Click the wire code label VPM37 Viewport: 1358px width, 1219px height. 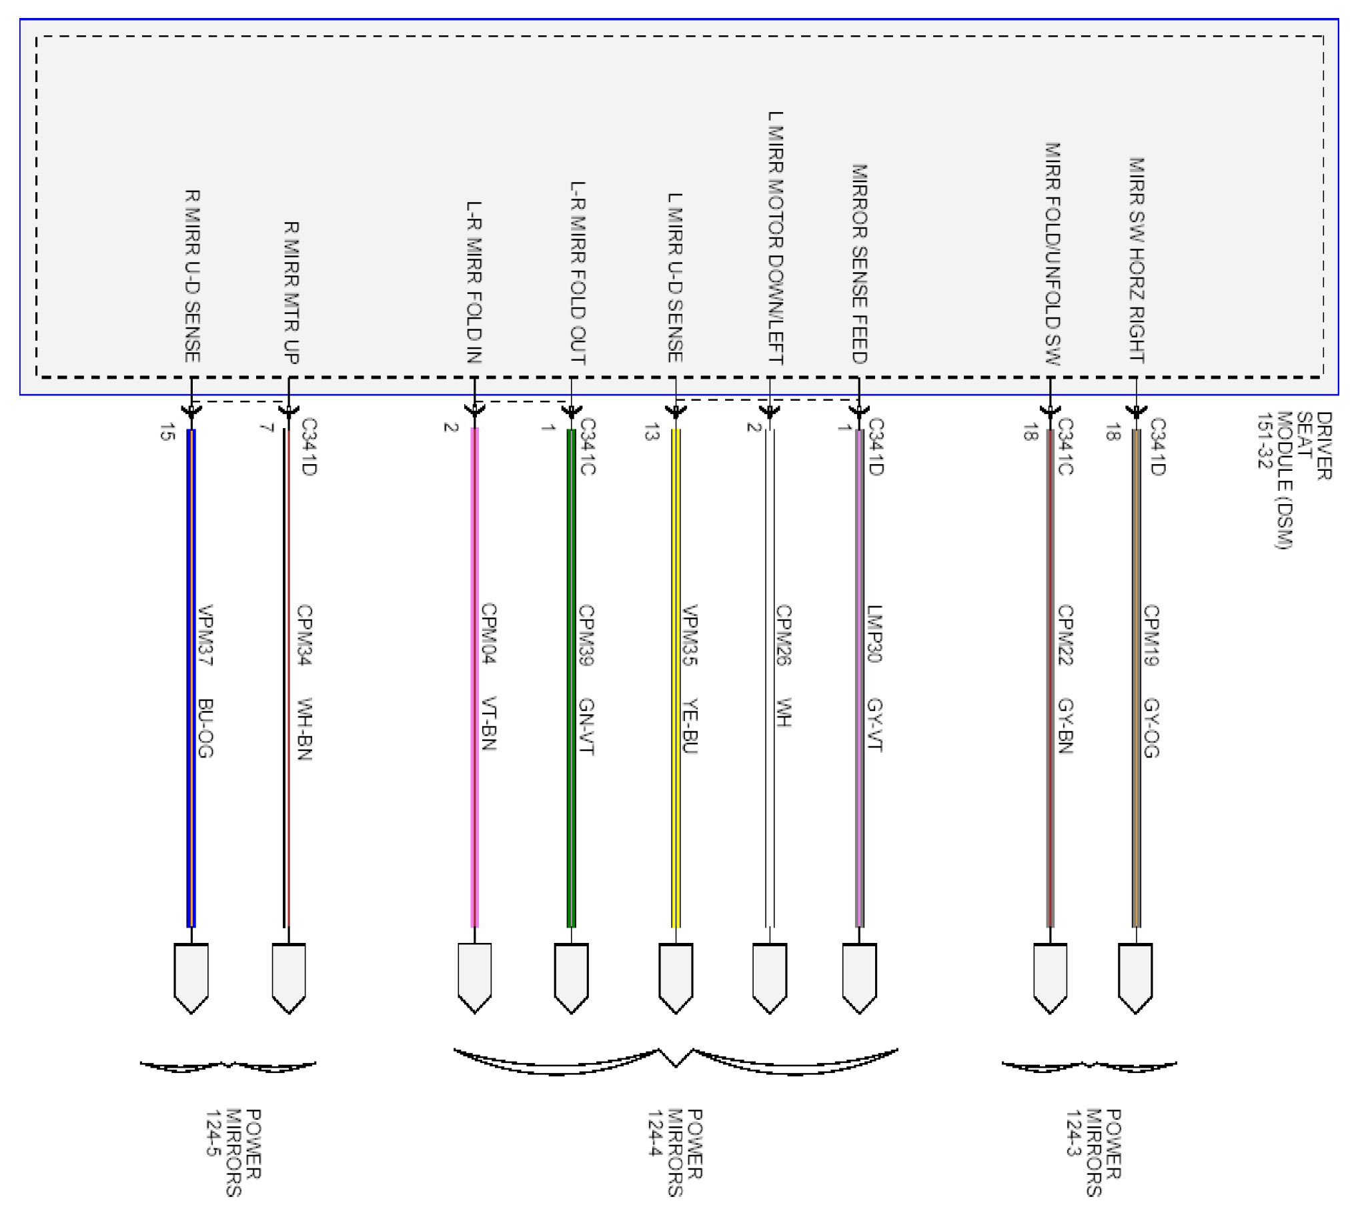(x=205, y=636)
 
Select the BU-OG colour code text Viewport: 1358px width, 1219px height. (x=205, y=728)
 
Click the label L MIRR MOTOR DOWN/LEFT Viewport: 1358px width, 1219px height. (x=775, y=238)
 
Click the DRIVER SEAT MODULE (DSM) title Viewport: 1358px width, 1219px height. (x=1294, y=479)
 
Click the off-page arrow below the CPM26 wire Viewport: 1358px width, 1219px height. (x=770, y=978)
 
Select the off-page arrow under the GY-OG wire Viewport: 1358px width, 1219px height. (x=1136, y=978)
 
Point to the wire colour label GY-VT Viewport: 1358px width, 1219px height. (x=874, y=726)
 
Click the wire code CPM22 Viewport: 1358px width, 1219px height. (x=1065, y=636)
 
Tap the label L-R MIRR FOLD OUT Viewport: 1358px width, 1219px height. (x=578, y=273)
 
